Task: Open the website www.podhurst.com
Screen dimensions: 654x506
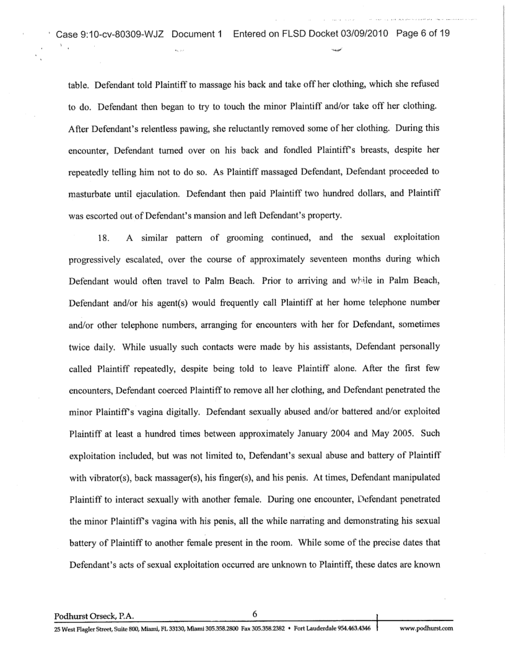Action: click(x=427, y=629)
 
